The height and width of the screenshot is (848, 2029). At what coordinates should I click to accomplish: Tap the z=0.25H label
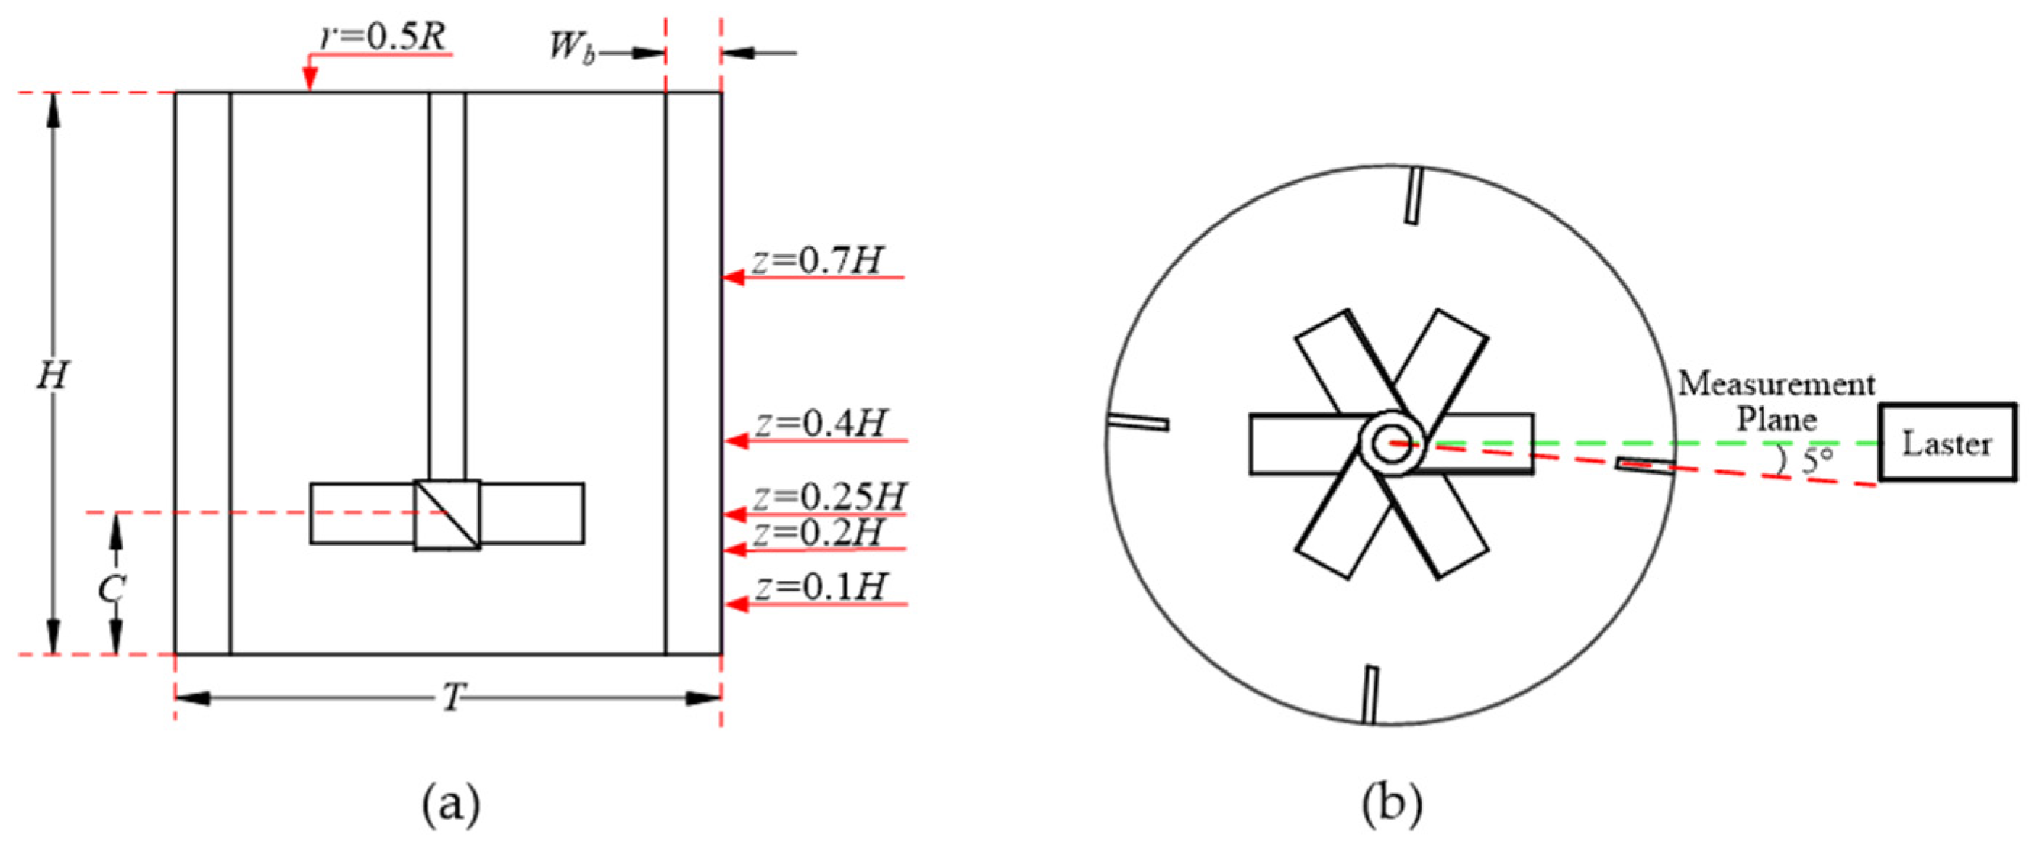(x=829, y=496)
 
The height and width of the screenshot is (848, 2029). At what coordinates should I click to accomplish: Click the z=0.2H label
(x=818, y=533)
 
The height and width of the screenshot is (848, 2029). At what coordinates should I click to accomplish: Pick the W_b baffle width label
(x=572, y=47)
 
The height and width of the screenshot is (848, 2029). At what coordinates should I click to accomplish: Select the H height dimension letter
(x=53, y=375)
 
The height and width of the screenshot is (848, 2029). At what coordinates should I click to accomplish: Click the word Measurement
(x=1776, y=385)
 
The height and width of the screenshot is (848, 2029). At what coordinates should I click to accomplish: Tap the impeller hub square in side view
(x=447, y=514)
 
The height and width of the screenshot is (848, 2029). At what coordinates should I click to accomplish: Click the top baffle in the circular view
(x=1414, y=195)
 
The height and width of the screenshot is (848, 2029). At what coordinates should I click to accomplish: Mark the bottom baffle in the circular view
(x=1371, y=694)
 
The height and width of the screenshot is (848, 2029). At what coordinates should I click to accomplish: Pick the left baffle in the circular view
(x=1137, y=422)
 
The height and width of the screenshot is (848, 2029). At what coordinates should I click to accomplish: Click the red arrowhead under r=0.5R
(x=310, y=79)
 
